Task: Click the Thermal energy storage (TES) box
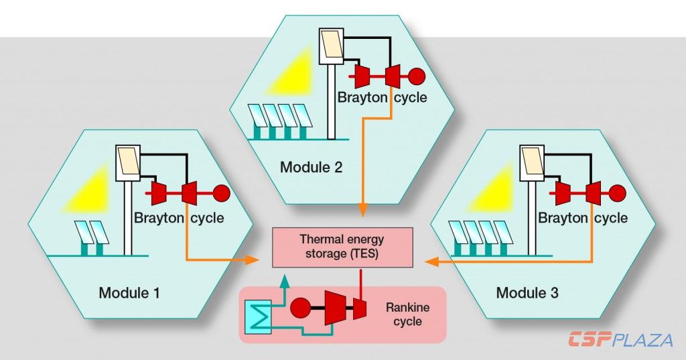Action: tap(342, 246)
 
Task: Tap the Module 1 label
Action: tap(129, 293)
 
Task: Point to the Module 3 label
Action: tap(527, 293)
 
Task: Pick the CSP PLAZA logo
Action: tap(620, 340)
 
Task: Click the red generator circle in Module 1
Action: tap(222, 194)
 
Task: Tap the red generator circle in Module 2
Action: tap(417, 76)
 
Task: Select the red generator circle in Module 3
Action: tap(617, 194)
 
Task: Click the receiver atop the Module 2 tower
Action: tap(331, 45)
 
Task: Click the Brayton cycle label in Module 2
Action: tap(382, 98)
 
